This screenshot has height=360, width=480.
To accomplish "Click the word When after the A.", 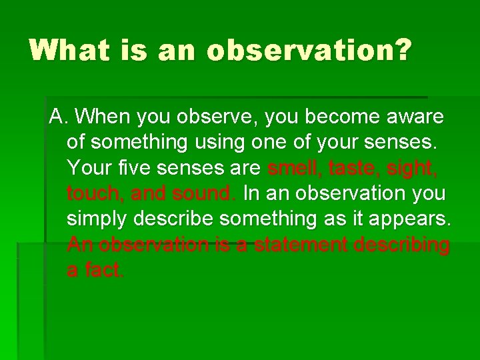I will (103, 117).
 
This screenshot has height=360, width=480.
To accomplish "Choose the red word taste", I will (352, 168).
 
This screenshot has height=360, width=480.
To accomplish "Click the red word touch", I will (93, 193).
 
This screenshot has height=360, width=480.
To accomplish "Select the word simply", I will (97, 219).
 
